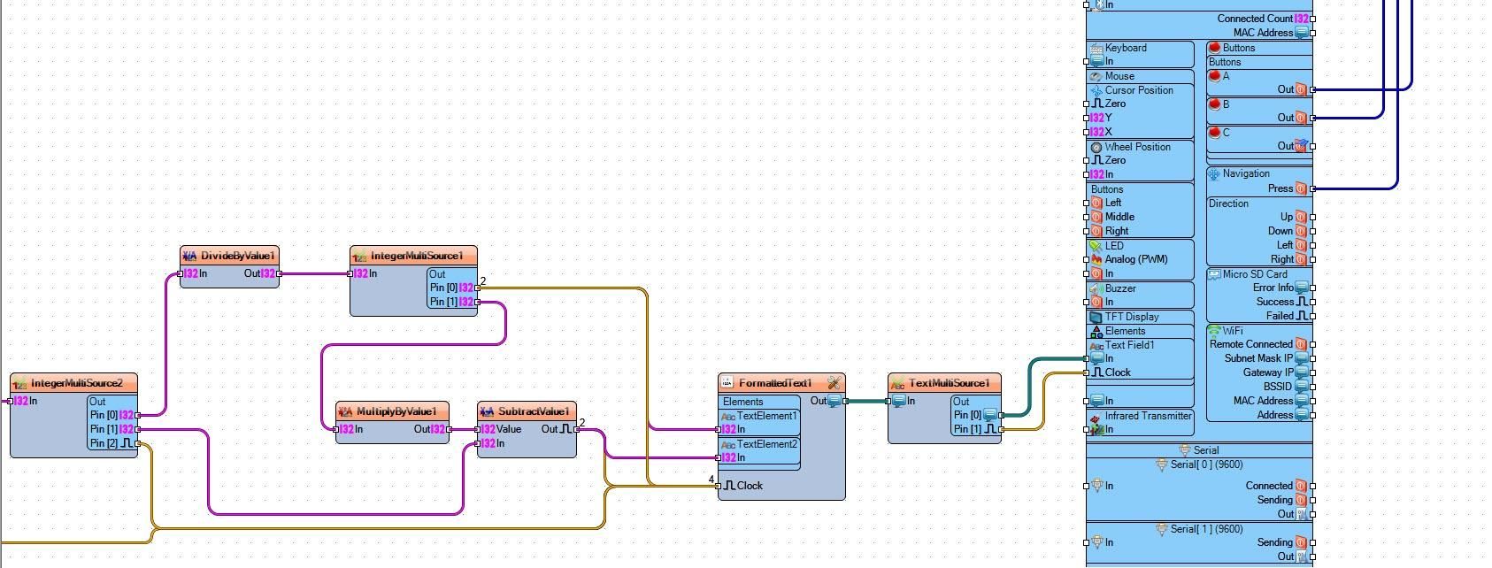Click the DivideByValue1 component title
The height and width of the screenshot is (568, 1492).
tap(237, 256)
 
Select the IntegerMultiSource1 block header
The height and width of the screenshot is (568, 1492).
tap(416, 256)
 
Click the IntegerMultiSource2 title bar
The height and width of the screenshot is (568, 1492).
tap(76, 383)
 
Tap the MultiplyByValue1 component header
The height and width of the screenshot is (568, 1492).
tap(396, 411)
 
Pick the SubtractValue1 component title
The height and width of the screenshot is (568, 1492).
tap(533, 411)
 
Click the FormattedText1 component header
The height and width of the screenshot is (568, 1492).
tap(775, 383)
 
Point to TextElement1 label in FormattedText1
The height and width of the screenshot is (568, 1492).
tap(766, 416)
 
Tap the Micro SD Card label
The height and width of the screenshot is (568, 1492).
tap(1254, 274)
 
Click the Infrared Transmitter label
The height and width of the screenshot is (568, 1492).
tap(1148, 416)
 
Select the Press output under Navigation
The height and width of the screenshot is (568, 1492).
tap(1280, 188)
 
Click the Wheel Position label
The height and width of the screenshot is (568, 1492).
tap(1137, 147)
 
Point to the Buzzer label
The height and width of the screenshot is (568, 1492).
tap(1119, 288)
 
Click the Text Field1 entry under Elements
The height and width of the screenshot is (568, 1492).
tap(1129, 345)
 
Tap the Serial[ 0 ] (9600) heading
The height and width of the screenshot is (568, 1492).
tap(1206, 464)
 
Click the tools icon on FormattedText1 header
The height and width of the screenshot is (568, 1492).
tap(834, 383)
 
